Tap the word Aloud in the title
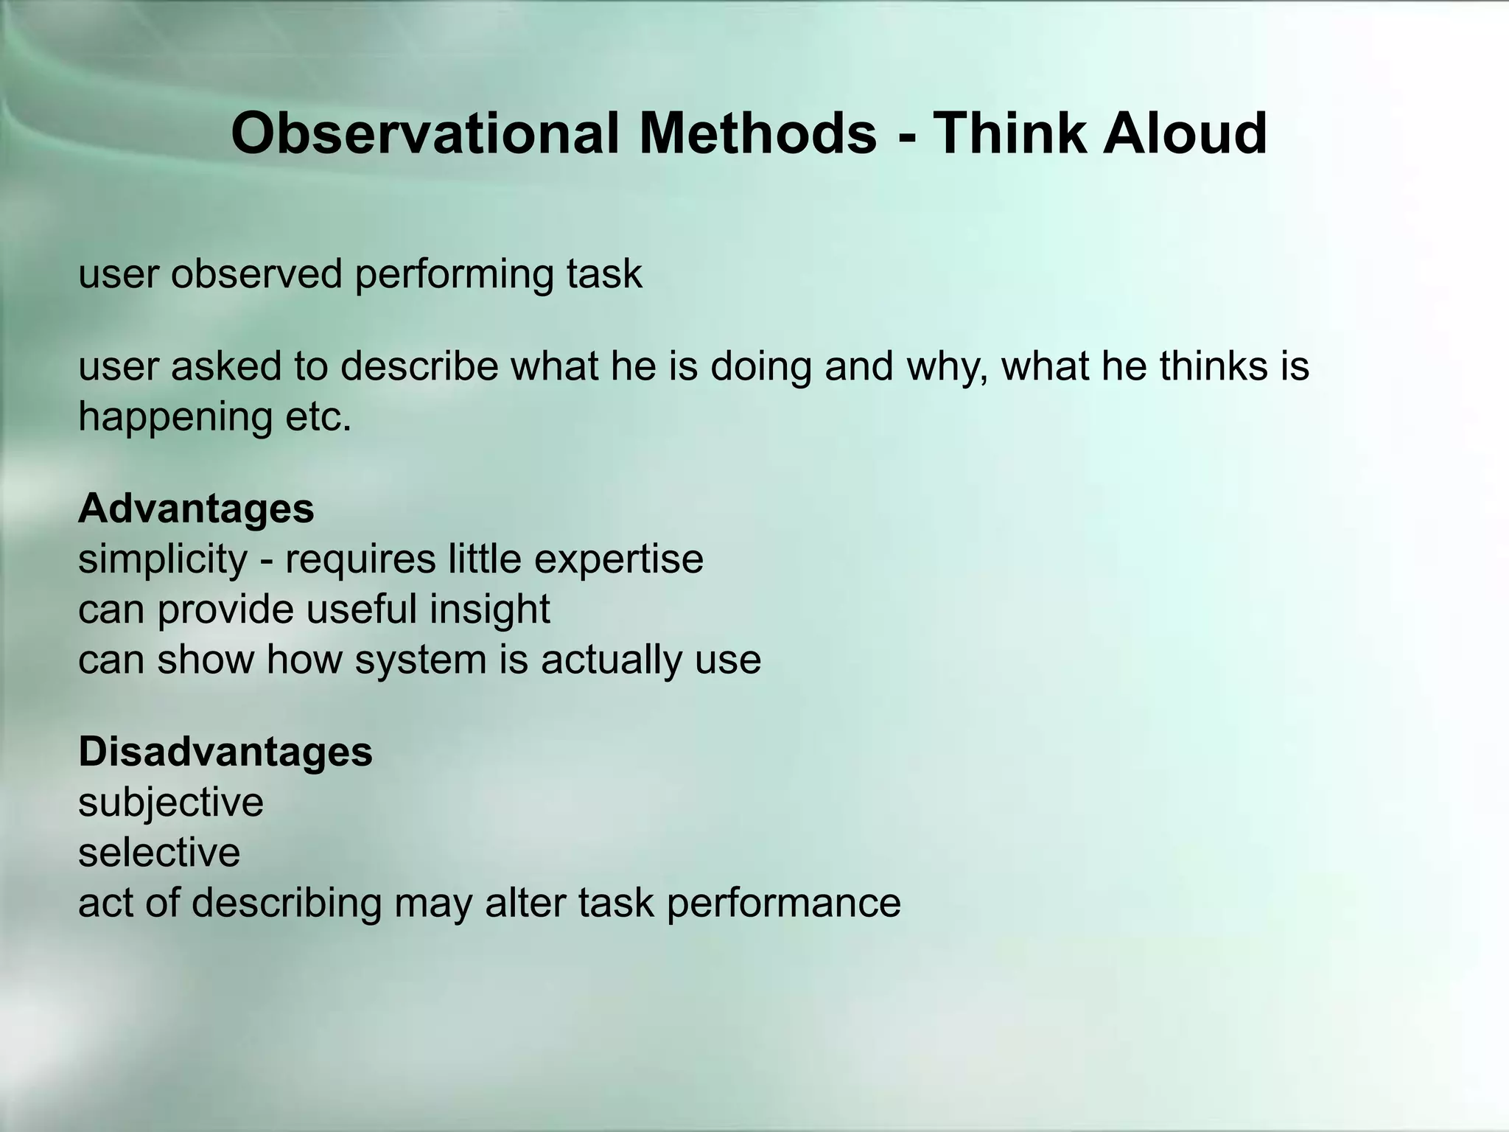tap(1184, 133)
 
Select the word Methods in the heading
tap(758, 133)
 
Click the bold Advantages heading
tap(196, 509)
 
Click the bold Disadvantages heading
tap(225, 752)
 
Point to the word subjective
tap(170, 803)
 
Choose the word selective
tap(159, 853)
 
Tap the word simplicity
tap(163, 560)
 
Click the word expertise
tap(618, 560)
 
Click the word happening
tap(175, 418)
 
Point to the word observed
tap(257, 273)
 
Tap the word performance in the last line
tap(783, 904)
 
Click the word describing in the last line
tap(287, 904)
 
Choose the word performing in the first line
tap(454, 275)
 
